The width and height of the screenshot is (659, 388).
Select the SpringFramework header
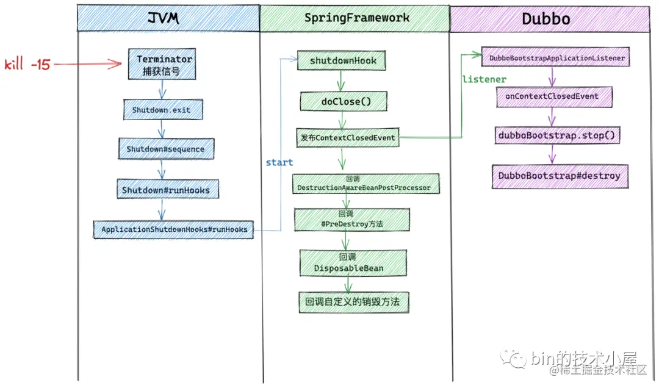pos(356,18)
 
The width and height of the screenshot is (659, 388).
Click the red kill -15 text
pos(27,65)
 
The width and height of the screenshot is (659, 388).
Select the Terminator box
pos(162,65)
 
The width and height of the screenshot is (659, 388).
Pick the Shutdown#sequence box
pos(165,149)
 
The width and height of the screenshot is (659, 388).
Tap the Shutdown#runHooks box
pos(165,190)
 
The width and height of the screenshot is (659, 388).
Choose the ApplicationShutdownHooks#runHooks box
pos(174,229)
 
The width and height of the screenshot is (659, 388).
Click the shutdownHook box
pos(343,61)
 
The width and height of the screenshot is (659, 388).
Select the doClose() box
pos(345,102)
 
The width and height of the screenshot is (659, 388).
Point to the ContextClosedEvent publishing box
pos(348,138)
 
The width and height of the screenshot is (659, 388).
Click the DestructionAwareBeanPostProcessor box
pos(364,184)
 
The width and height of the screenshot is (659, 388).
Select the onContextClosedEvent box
pos(552,96)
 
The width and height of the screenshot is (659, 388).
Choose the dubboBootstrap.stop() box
pos(557,135)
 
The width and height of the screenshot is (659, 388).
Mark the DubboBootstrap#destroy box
pos(559,176)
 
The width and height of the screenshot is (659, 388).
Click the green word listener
pos(484,80)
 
